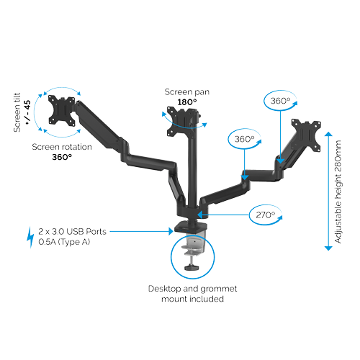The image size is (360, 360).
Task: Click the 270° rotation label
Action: coord(265,215)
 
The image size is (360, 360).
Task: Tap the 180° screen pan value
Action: coord(187,102)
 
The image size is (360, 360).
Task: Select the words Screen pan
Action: coord(187,92)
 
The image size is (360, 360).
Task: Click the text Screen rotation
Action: coord(62,147)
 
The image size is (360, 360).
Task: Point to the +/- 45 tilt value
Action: coord(28,112)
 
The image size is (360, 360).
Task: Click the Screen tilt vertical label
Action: coord(17,112)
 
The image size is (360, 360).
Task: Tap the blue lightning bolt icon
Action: coord(30,237)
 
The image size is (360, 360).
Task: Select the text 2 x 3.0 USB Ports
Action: coord(72,232)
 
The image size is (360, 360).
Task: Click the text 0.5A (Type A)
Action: coord(64,242)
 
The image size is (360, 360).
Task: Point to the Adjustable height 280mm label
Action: coord(338,192)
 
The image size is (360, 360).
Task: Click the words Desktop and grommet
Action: coord(192,289)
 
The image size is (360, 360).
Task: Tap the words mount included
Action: coord(192,299)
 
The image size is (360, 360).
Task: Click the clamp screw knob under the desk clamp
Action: coord(192,267)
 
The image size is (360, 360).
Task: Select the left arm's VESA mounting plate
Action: coord(62,111)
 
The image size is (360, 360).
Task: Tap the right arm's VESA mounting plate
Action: coord(306,135)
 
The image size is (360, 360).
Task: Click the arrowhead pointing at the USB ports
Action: coord(171,231)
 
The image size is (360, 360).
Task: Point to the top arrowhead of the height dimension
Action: coord(328,134)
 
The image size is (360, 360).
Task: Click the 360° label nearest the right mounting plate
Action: coord(280,101)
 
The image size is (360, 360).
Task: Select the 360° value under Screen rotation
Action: coord(62,157)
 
